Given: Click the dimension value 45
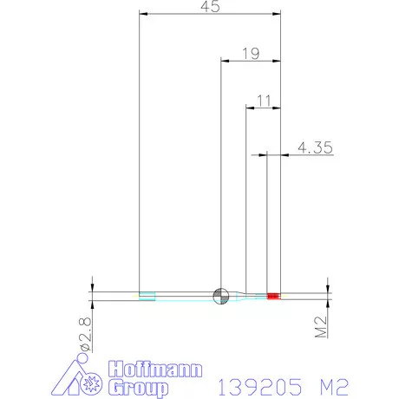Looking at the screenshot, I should [x=210, y=6].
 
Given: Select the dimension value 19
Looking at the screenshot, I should [x=250, y=54].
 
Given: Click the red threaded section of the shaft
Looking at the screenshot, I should [x=274, y=296].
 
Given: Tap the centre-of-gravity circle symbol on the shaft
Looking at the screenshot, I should [x=221, y=295].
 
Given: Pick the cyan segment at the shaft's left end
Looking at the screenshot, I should [x=147, y=296].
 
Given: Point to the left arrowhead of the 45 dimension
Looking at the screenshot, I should [x=144, y=14].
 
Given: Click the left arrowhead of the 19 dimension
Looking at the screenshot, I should [x=226, y=62].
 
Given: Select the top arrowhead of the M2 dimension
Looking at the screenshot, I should [x=328, y=285].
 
